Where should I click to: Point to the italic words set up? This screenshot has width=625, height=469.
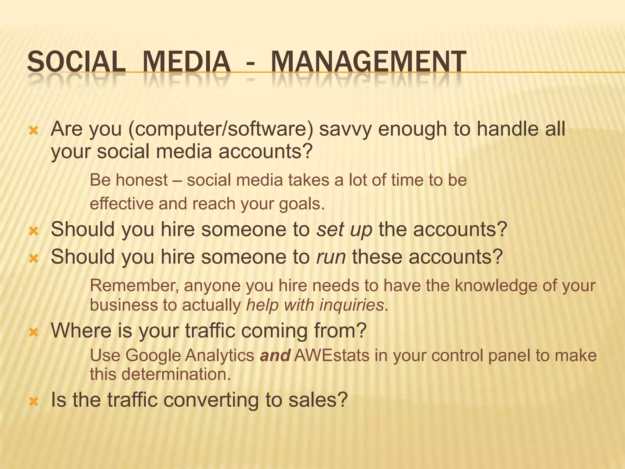344,229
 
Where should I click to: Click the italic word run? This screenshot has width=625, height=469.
331,257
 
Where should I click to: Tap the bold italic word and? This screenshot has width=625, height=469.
275,355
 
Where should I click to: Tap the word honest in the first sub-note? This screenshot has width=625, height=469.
142,180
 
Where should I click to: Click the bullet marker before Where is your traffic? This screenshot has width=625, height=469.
34,332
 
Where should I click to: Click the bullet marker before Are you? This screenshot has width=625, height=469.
34,131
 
